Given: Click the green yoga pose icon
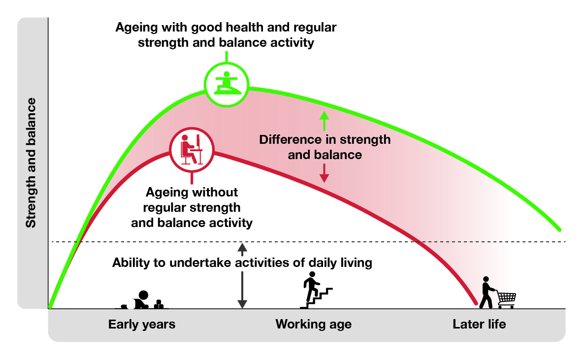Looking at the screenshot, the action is point(227,83).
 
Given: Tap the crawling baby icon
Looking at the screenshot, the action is point(142,300).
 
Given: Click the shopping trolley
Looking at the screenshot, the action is point(506,299).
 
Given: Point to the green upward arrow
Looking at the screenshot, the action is point(324,121).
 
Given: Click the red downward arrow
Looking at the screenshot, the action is point(324,173).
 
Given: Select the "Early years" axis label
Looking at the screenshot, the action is point(142,324).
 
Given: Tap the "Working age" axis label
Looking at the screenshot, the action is point(314,324).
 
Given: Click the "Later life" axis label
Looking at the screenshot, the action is point(479,324).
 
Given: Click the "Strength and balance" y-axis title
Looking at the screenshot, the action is point(31,163).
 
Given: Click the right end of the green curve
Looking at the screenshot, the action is point(559,229).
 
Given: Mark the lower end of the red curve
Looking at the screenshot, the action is point(476,303).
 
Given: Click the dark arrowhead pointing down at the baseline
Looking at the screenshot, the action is point(242,304).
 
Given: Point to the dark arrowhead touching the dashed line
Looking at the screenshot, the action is point(242,247).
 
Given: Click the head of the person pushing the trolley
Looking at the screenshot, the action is point(486,279).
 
